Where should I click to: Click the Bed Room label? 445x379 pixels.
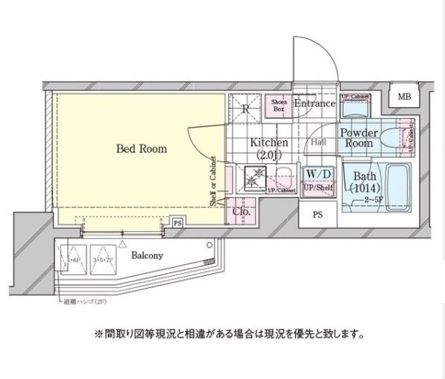142,148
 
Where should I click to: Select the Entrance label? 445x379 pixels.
314,104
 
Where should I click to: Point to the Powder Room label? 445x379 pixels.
361,138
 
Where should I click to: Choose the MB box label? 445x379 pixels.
403,97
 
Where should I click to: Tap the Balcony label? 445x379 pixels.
148,255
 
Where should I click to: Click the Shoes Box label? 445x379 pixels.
279,105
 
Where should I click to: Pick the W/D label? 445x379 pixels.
318,174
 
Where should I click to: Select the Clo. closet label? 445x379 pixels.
241,211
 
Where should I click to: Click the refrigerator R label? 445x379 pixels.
245,108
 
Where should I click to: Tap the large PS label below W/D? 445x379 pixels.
318,216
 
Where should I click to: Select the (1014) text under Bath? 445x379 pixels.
365,188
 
